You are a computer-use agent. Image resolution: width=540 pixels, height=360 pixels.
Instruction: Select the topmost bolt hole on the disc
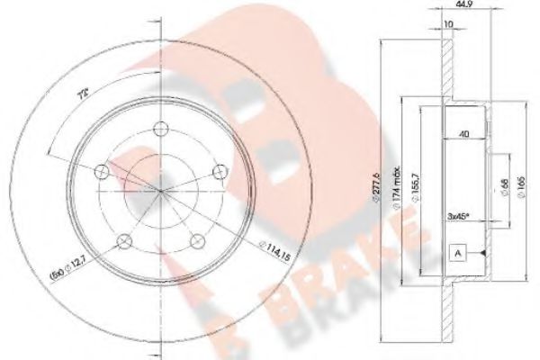point(160,128)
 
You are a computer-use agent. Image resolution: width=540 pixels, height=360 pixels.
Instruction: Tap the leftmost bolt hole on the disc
point(102,170)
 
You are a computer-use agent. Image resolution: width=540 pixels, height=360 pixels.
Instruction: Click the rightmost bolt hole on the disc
point(217,170)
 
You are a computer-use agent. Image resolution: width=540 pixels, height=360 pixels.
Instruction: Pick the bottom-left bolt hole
point(125,238)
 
